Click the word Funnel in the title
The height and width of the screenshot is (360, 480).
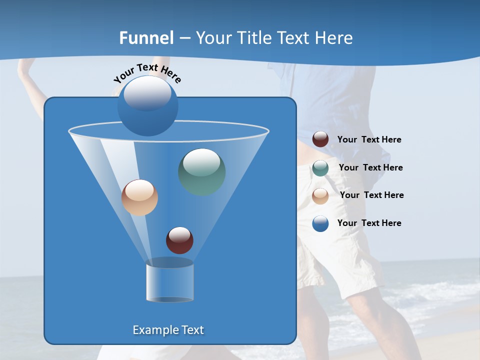[x=146, y=38]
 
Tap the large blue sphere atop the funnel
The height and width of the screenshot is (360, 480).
[x=147, y=106]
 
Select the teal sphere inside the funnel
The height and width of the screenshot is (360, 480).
[x=201, y=172]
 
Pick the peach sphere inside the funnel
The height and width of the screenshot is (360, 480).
[x=139, y=197]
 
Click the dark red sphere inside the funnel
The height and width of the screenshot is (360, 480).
[x=179, y=240]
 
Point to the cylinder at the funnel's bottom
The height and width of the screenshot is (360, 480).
[x=169, y=283]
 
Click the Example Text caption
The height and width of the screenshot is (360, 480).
[x=168, y=330]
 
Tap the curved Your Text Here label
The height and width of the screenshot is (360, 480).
[x=147, y=73]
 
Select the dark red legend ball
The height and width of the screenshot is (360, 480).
[x=320, y=139]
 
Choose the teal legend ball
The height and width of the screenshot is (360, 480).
[x=320, y=168]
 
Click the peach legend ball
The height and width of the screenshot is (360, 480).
[x=320, y=195]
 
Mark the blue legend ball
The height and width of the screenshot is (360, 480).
[x=320, y=223]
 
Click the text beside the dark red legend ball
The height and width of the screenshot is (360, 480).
[x=369, y=140]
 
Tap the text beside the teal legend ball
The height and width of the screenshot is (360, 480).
[x=370, y=168]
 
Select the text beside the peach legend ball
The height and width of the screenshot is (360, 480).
[x=371, y=195]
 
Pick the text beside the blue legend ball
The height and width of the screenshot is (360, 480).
[x=369, y=223]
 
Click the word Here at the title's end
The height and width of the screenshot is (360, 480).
[x=334, y=38]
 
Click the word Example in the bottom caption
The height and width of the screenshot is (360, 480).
[x=154, y=330]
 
